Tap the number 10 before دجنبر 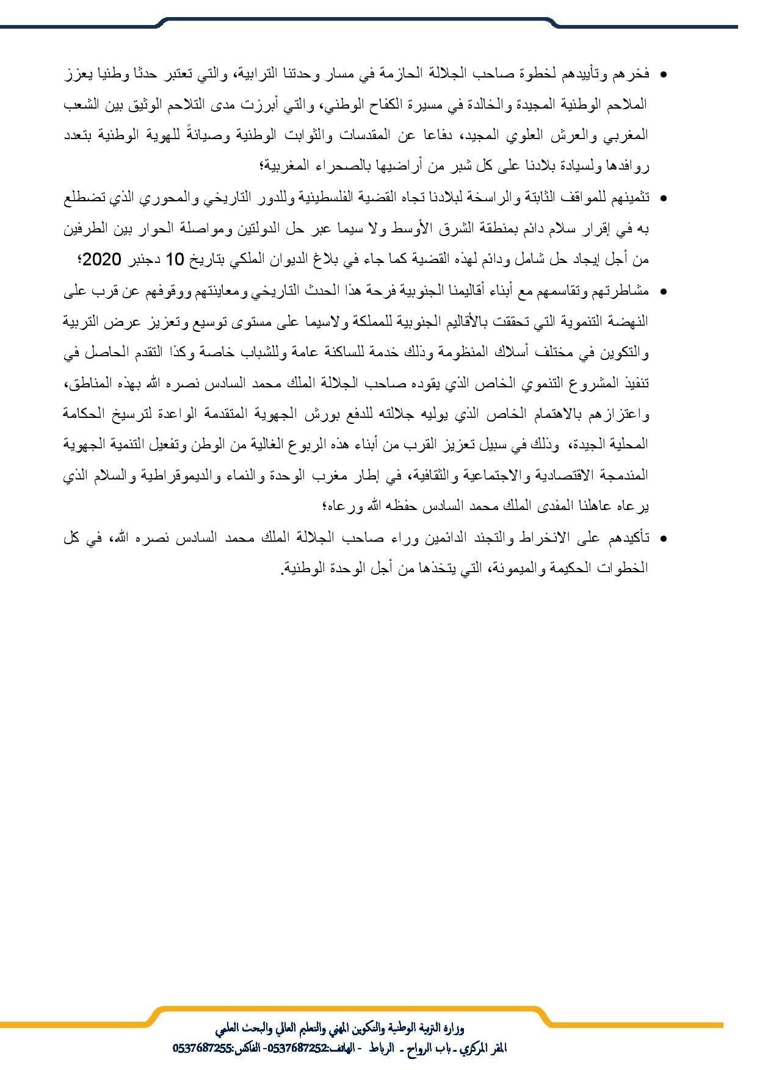pyautogui.click(x=175, y=259)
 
